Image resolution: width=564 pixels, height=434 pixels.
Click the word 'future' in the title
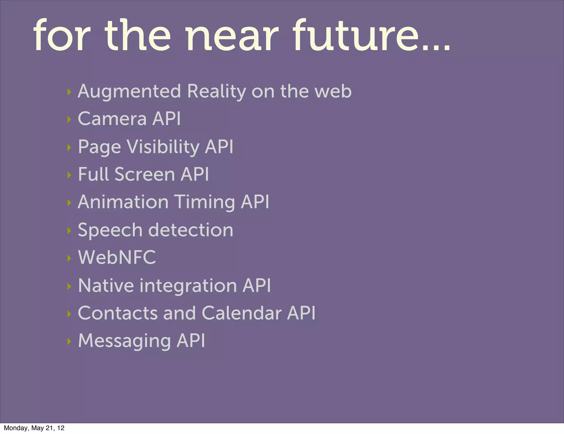[x=355, y=35]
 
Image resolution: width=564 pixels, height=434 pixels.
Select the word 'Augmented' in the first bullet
[x=129, y=91]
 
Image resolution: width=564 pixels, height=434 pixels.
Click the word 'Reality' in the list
[x=216, y=91]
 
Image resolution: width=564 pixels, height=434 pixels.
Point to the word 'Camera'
[x=112, y=119]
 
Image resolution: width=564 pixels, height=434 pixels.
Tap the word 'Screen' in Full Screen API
[x=145, y=174]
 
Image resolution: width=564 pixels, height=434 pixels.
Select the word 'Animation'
[x=123, y=202]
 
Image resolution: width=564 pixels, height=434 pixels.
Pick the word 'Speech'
[x=110, y=230]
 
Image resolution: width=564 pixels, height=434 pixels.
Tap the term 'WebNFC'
[x=117, y=257]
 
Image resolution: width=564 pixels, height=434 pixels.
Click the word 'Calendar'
[x=242, y=313]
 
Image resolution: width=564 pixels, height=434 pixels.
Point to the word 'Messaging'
[x=124, y=341]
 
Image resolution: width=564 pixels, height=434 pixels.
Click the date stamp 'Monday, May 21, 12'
[x=34, y=428]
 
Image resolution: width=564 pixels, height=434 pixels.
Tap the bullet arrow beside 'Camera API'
[x=69, y=120]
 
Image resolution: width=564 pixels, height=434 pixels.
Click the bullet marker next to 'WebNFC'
[x=69, y=258]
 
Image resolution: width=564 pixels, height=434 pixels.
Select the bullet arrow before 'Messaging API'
[x=69, y=341]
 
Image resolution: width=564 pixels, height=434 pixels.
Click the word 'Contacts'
[x=118, y=313]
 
